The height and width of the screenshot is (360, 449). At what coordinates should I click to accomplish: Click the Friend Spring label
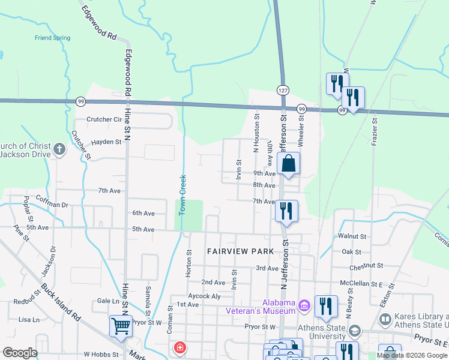[52, 38]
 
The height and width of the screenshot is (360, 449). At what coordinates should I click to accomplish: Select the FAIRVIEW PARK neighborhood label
[240, 251]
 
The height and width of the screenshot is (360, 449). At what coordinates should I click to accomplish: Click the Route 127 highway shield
[282, 89]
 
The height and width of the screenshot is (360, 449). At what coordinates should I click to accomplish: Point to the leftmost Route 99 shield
[80, 101]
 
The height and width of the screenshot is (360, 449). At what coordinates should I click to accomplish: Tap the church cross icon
[59, 149]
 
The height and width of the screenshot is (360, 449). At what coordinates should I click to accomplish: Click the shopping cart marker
[121, 326]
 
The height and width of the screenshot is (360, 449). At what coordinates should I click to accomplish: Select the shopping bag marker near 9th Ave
[288, 163]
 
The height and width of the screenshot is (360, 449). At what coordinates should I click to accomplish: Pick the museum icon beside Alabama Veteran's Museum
[304, 307]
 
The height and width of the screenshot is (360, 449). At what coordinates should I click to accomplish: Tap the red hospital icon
[179, 347]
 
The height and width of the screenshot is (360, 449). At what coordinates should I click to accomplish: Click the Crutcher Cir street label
[104, 119]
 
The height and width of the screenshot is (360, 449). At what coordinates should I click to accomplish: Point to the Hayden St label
[106, 142]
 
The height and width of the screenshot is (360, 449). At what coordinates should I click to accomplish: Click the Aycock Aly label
[204, 296]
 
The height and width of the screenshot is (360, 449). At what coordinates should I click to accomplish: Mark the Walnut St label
[352, 237]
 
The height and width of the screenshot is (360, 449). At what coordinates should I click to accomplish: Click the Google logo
[20, 353]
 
